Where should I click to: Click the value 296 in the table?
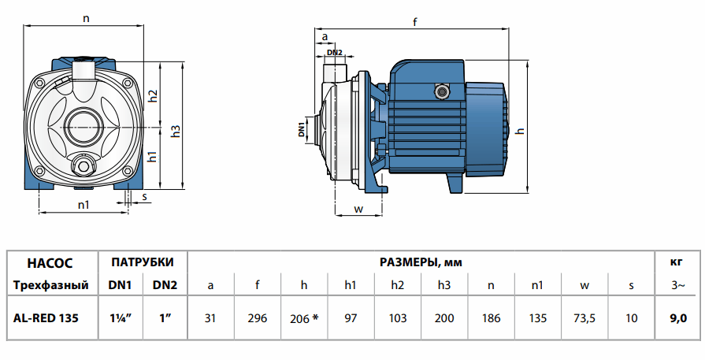point(257,317)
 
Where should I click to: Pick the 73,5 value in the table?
point(584,317)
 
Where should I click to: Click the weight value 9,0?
point(677,317)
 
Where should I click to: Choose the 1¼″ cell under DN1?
point(119,317)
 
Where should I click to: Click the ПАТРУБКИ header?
point(142,262)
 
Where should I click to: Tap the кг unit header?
point(677,262)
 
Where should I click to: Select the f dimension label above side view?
point(414,23)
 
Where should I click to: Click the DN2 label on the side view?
point(334,52)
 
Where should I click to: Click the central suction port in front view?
point(83,124)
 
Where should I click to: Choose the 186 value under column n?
point(490,317)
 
